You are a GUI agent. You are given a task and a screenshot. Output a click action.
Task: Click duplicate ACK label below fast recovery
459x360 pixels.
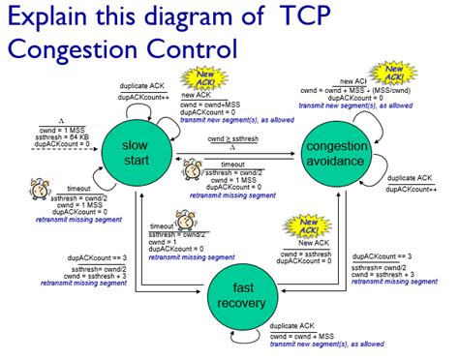click(x=296, y=327)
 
